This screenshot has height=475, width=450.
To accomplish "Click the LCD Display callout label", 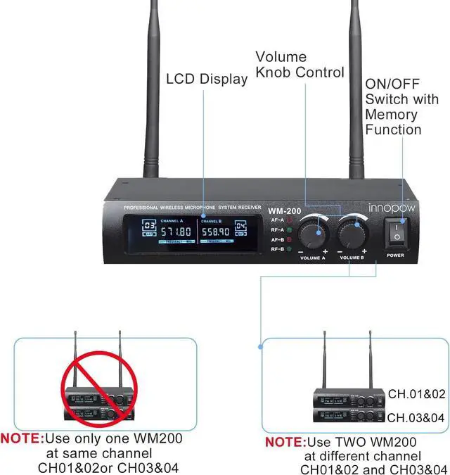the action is click(x=207, y=78).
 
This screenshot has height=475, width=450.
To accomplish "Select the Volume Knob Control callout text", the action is click(x=300, y=64).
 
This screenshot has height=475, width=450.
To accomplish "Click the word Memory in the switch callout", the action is click(x=392, y=115).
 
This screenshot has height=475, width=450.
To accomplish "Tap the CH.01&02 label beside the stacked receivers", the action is click(x=416, y=393).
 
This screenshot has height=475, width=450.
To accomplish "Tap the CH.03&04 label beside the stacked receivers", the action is click(x=416, y=417).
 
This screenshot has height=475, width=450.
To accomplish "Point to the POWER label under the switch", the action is click(x=395, y=255).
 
